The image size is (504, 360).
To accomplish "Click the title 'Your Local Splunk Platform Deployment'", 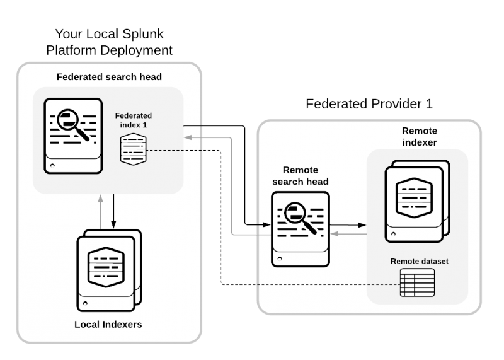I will [x=113, y=42].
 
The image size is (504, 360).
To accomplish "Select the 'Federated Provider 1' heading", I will [x=369, y=104].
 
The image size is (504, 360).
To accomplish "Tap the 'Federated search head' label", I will [x=109, y=78].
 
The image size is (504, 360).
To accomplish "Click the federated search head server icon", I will [x=72, y=135].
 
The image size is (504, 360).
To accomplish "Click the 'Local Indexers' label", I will [x=108, y=325].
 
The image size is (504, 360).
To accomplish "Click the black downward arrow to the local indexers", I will [x=114, y=212].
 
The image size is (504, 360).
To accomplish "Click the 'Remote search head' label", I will [x=301, y=176].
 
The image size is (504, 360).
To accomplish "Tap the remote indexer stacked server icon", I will [x=416, y=199].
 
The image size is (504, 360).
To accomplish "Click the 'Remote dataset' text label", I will [x=419, y=261].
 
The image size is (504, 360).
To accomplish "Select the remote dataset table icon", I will [x=418, y=282].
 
